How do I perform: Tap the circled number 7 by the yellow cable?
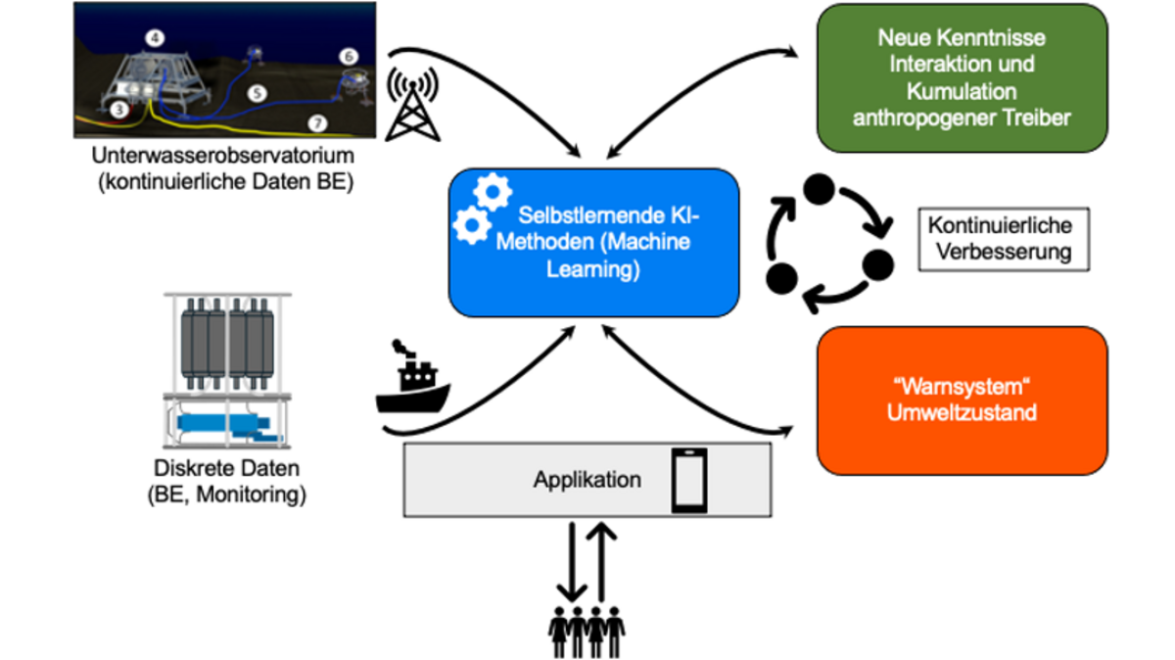coord(315,123)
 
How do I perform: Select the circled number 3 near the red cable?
coord(119,111)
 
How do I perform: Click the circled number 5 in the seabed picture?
coord(256,93)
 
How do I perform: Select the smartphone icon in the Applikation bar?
coord(688,480)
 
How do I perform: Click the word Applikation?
coord(587,480)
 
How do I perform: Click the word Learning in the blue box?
coord(594,268)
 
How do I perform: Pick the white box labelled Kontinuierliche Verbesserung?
coord(995,238)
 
